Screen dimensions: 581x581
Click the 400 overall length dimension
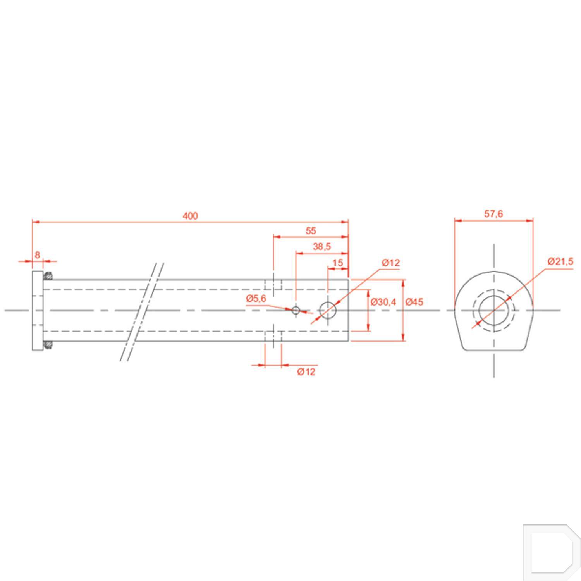(190, 216)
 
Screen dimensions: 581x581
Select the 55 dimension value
(311, 231)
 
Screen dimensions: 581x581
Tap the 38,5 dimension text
(322, 246)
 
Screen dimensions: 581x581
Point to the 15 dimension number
(338, 263)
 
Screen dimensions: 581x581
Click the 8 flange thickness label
(37, 255)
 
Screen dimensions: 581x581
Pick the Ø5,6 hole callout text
(256, 298)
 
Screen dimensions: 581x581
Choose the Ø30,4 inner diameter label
(383, 302)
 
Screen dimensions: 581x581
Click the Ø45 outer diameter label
(414, 302)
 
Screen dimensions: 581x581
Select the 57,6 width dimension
(493, 214)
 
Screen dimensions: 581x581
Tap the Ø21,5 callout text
(560, 261)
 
